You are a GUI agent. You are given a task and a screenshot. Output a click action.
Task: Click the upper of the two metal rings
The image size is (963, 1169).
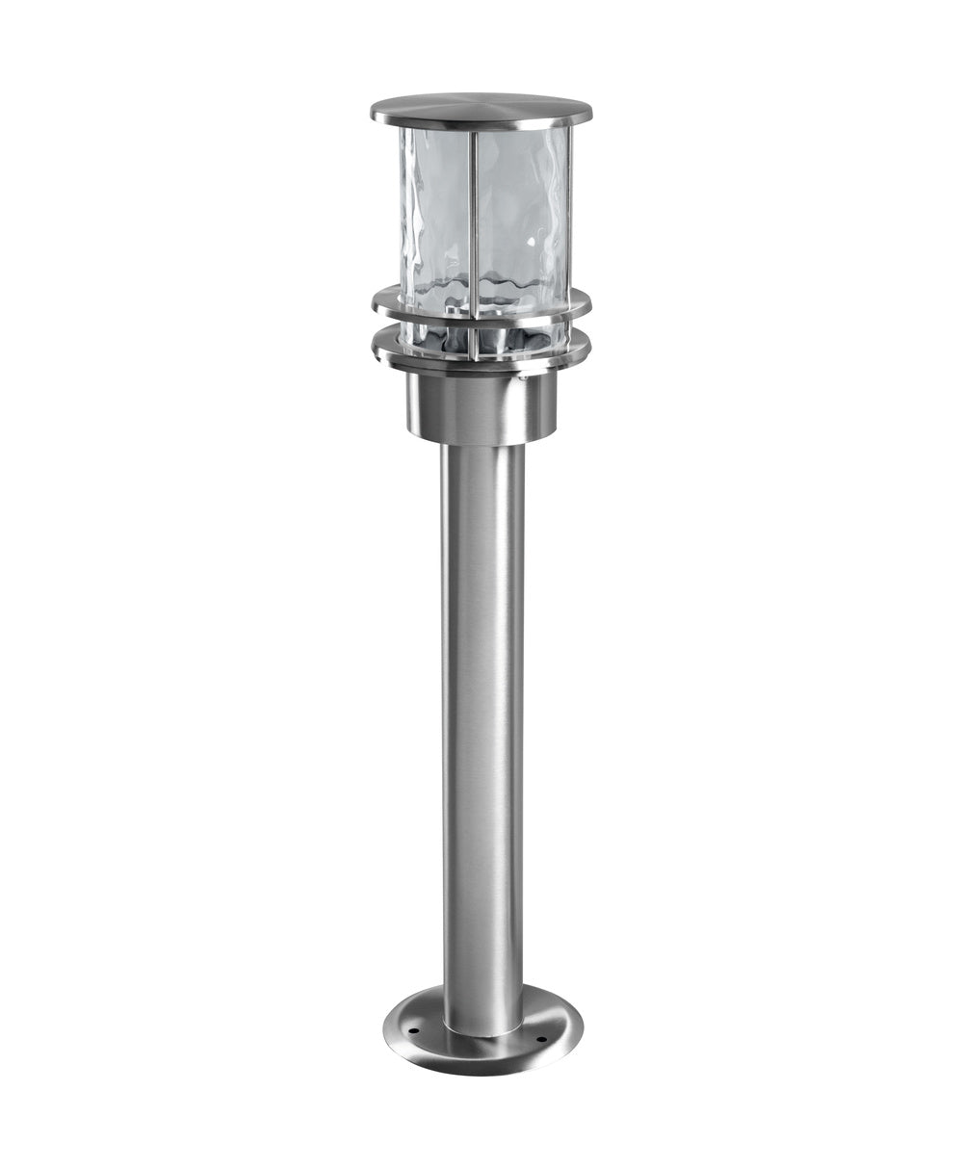click(x=481, y=309)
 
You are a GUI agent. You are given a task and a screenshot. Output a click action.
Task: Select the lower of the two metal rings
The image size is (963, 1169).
click(x=481, y=357)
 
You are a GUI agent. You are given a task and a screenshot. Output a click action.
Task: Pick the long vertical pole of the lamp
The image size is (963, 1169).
click(x=482, y=722)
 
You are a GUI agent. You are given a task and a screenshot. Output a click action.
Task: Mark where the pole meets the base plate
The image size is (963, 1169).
click(x=482, y=1028)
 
